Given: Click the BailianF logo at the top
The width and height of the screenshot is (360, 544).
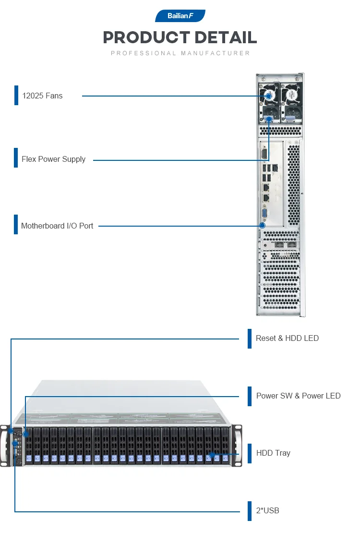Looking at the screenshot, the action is [180, 16].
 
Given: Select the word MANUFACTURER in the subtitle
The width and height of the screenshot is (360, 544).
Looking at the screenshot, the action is [216, 53].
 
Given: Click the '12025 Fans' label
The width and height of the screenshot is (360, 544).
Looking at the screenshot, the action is [42, 96].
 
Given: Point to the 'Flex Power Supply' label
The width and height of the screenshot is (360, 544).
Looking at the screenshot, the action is [53, 159].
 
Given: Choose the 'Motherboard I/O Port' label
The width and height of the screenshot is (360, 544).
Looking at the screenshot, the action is [57, 226].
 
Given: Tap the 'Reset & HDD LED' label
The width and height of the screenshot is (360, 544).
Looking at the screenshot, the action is [287, 338].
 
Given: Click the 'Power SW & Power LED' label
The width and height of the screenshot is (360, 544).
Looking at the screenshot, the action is [298, 396].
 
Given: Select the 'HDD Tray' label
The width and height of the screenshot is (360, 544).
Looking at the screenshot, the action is [273, 453].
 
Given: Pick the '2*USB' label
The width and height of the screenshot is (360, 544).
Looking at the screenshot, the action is [268, 511].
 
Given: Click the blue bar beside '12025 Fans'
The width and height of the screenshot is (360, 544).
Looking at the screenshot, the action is [16, 96].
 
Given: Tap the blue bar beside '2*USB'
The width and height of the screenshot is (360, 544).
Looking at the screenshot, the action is [250, 511].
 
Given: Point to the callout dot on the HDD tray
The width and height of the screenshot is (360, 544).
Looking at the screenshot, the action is [212, 455].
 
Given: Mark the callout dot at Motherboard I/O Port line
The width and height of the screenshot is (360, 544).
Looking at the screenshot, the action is [263, 226].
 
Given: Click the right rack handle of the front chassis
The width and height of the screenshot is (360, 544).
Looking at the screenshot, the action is [238, 446].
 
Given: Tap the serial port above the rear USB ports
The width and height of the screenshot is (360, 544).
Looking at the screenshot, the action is [264, 154].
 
